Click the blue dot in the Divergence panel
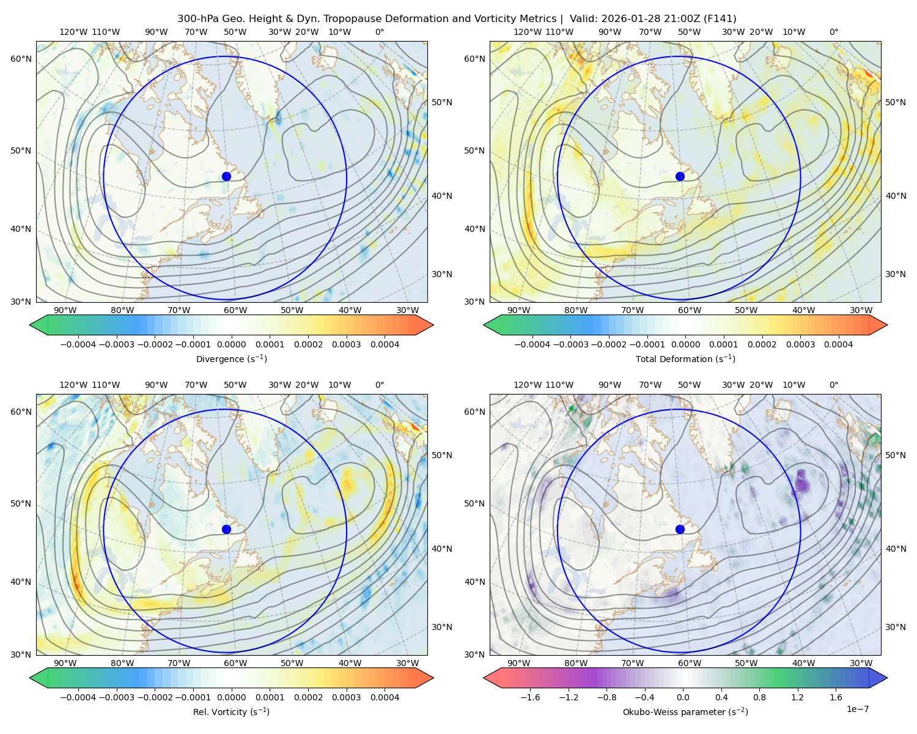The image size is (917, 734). (226, 177)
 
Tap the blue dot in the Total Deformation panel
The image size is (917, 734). (680, 177)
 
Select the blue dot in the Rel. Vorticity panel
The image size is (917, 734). (226, 529)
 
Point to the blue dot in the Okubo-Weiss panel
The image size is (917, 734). (680, 529)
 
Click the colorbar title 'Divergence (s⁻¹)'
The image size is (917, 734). (231, 359)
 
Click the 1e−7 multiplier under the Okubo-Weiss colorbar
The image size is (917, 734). (857, 709)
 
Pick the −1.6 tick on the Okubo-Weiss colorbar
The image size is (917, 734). (530, 697)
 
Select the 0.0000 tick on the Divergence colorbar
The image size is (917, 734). (231, 344)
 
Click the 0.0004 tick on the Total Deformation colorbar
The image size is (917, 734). (838, 344)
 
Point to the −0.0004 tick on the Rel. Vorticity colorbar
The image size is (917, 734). (78, 697)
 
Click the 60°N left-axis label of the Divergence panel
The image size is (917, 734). (21, 59)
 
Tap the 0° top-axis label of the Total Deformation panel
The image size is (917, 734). (833, 32)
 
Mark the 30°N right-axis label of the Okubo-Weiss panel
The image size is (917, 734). (895, 627)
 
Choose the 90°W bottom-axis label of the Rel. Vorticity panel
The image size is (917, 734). (65, 663)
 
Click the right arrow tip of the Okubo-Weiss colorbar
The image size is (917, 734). (887, 678)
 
